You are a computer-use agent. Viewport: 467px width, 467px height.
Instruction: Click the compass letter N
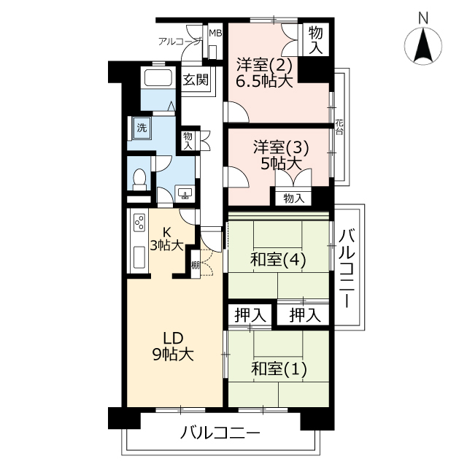click(x=423, y=18)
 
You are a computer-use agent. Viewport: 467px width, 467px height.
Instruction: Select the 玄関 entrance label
click(x=196, y=80)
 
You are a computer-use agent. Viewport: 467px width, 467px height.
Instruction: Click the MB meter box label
click(x=215, y=33)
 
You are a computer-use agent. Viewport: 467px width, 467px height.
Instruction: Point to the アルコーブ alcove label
click(x=180, y=42)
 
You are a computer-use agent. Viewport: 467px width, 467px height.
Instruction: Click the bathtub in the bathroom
click(x=158, y=78)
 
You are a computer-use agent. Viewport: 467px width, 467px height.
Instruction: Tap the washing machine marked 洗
click(x=142, y=128)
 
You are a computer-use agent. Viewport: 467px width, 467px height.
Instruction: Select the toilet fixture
click(x=139, y=180)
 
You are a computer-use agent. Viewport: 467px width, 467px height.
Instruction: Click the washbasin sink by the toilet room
click(x=185, y=193)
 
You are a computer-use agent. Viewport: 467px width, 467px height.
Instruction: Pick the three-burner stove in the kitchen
click(x=139, y=223)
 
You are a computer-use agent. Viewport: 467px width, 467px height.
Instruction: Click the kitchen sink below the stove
click(x=139, y=257)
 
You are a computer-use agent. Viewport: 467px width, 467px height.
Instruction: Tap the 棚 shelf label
click(x=196, y=265)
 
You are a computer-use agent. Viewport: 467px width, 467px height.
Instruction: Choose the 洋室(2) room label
click(x=264, y=65)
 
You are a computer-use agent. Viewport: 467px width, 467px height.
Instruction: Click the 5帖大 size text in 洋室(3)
click(x=280, y=163)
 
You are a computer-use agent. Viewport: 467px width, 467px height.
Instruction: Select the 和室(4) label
click(x=278, y=260)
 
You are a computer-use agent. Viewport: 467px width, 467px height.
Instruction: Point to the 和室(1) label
click(x=279, y=369)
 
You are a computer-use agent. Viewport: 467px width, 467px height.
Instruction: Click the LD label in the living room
click(x=173, y=339)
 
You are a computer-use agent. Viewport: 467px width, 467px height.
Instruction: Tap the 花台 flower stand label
click(x=339, y=127)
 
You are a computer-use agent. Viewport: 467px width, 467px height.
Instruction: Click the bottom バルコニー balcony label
click(x=220, y=433)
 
